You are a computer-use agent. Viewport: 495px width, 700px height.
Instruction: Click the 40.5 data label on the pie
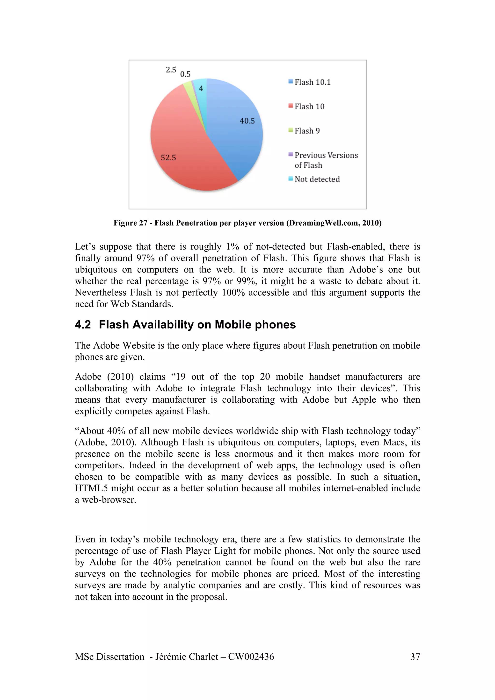click(x=247, y=121)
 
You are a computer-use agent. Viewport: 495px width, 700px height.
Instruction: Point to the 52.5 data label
click(x=168, y=158)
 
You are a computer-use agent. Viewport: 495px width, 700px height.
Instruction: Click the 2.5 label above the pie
click(x=171, y=70)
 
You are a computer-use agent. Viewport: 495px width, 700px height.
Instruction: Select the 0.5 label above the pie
click(x=185, y=74)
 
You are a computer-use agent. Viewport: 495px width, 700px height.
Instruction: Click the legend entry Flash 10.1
click(x=312, y=82)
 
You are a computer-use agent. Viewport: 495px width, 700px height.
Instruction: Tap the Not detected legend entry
click(x=317, y=179)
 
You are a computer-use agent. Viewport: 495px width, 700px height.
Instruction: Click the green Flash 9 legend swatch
click(x=291, y=130)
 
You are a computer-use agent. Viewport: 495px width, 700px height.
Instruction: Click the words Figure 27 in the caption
click(x=130, y=223)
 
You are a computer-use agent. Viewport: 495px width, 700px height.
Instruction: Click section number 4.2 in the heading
click(x=83, y=325)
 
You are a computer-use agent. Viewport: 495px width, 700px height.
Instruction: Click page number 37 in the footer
click(x=415, y=657)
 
